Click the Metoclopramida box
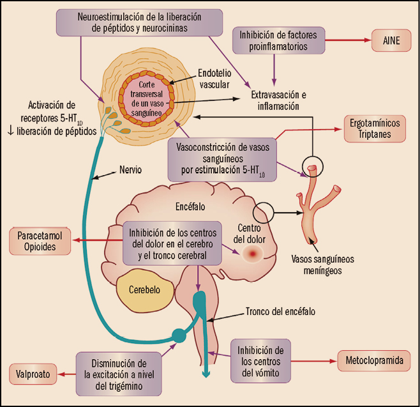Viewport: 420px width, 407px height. [x=375, y=360]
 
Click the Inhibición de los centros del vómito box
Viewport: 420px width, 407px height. [x=260, y=360]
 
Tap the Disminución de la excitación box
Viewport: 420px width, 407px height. [x=119, y=371]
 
